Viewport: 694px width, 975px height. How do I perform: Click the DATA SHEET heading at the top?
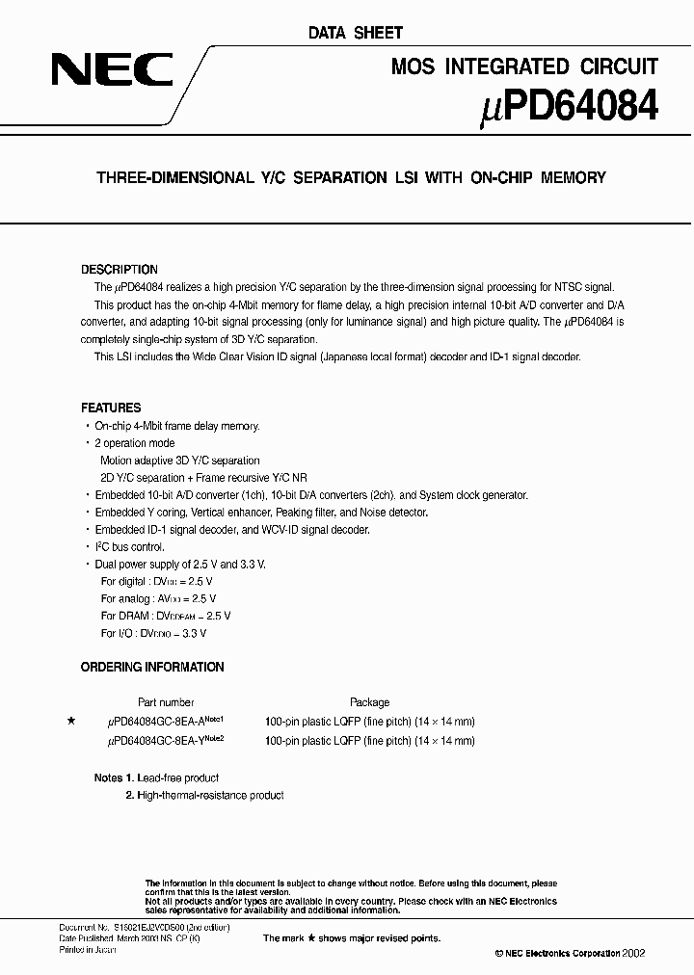coord(356,33)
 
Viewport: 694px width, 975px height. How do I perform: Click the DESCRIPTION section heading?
coord(120,270)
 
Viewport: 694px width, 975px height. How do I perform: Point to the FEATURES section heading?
coord(111,408)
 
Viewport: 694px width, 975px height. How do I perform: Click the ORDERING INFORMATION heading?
coord(152,667)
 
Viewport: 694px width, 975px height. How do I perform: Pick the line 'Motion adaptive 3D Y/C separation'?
coord(180,460)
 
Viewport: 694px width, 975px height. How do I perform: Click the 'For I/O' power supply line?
coord(153,633)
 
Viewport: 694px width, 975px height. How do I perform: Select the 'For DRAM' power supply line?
coord(166,616)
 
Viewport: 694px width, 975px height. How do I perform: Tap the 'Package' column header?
coord(369,702)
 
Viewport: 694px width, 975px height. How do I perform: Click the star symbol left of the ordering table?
coord(70,721)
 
